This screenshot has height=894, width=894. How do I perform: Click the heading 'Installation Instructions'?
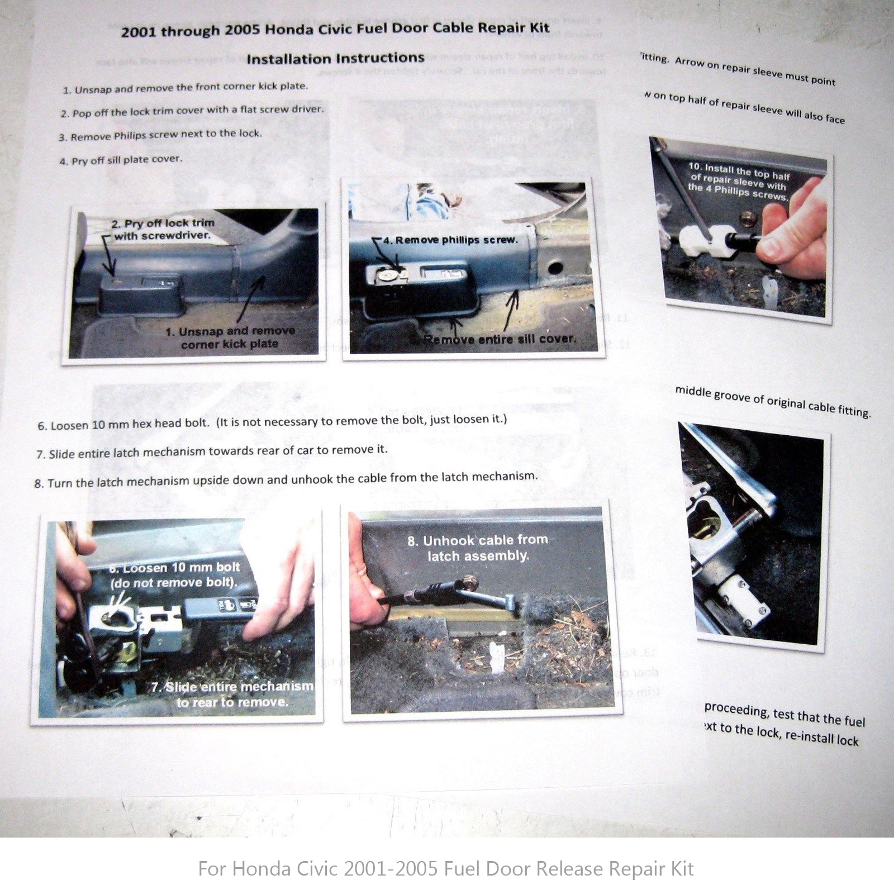(x=335, y=59)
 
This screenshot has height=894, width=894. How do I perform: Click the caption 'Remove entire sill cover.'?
(x=499, y=339)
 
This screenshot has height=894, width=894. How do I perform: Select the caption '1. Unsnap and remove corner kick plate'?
(x=230, y=337)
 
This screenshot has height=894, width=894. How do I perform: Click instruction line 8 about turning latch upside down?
(x=286, y=479)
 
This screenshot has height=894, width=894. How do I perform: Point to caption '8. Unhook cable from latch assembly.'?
(x=478, y=548)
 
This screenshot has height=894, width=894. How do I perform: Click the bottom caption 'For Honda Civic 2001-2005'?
(x=446, y=868)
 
